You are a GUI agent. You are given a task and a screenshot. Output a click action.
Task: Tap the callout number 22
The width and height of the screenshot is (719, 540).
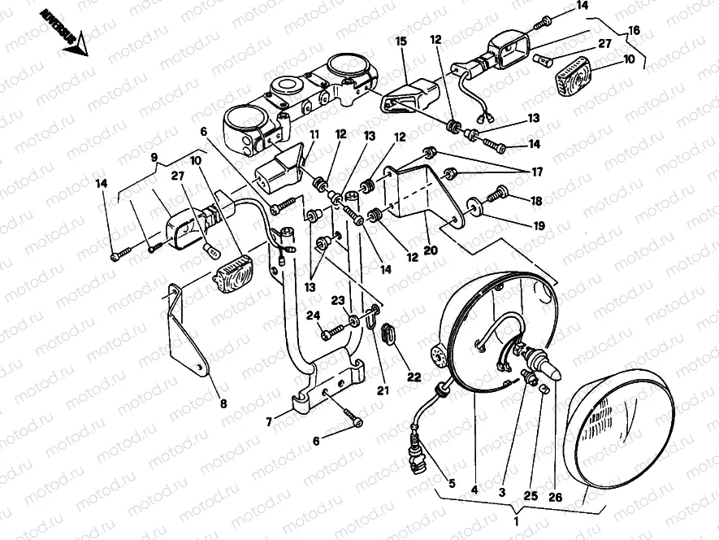point(415,376)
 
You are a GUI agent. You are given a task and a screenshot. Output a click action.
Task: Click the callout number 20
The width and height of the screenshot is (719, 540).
point(431,250)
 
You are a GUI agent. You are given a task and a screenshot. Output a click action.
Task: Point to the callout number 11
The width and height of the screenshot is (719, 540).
point(314,133)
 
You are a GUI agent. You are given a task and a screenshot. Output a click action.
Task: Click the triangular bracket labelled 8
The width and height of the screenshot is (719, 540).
point(184,329)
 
